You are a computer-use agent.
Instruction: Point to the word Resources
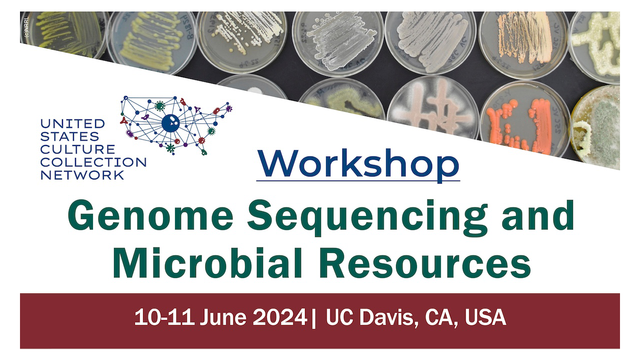pyautogui.click(x=425, y=262)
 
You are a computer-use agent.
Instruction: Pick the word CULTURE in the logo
pyautogui.click(x=77, y=149)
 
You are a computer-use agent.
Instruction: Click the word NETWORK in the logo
pyautogui.click(x=82, y=175)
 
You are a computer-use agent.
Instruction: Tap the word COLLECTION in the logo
pyautogui.click(x=93, y=162)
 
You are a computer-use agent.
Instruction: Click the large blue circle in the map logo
pyautogui.click(x=170, y=122)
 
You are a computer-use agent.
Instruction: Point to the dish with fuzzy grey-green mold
pyautogui.click(x=597, y=127)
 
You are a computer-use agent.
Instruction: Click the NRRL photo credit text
pyautogui.click(x=25, y=26)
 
